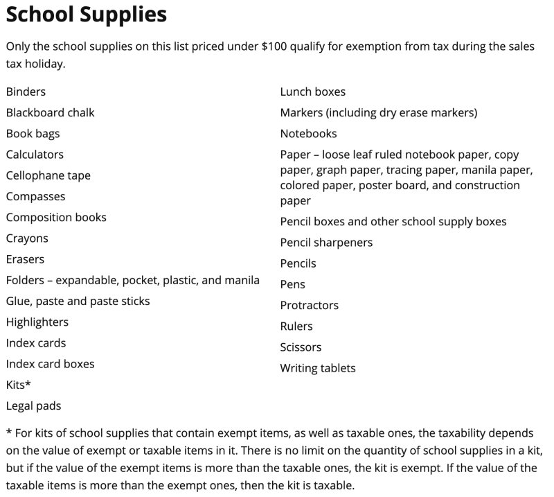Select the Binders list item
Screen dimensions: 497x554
[x=26, y=91]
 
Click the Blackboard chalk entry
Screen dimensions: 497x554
[x=50, y=112]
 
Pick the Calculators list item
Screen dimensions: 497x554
[x=35, y=155]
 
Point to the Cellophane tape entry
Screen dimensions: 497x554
[x=48, y=175]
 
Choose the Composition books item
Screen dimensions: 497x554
[x=56, y=218]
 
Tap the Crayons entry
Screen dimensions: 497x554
[x=27, y=238]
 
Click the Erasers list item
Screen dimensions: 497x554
[x=25, y=259]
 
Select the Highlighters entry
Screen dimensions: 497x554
[x=37, y=322]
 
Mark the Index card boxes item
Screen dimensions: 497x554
[x=50, y=364]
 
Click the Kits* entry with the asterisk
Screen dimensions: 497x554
[x=18, y=385]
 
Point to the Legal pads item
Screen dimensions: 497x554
[x=33, y=406]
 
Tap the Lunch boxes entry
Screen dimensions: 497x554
[x=312, y=91]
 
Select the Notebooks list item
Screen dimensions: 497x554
[x=308, y=134]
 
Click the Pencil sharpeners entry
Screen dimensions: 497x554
[x=326, y=243]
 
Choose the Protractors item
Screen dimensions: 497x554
[x=309, y=306]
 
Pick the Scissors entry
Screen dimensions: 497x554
[x=301, y=347]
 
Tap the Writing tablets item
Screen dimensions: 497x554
[x=317, y=368]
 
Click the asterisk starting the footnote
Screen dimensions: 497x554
[x=9, y=432]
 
